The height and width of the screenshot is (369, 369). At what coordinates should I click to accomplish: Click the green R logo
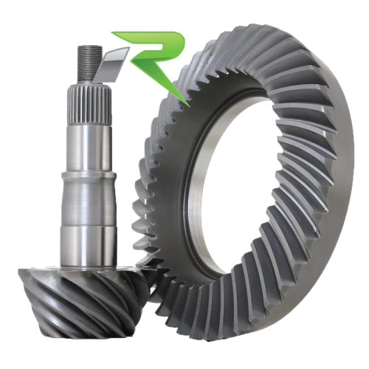click(x=157, y=57)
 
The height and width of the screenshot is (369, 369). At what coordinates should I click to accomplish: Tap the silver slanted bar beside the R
click(x=112, y=64)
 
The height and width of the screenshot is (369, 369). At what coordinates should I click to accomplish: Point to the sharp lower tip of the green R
click(x=189, y=106)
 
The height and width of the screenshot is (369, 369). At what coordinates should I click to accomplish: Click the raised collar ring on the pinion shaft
click(x=89, y=176)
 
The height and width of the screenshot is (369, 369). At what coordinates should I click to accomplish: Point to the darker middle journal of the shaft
click(x=89, y=203)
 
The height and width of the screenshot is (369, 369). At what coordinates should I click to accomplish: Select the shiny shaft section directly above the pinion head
click(x=89, y=246)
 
